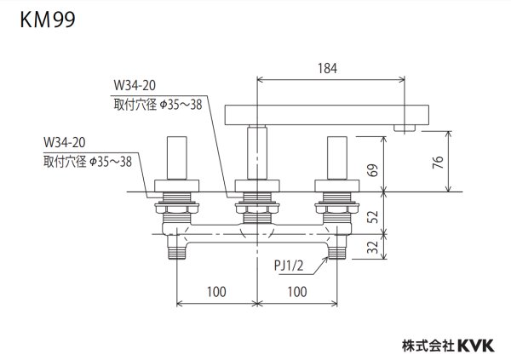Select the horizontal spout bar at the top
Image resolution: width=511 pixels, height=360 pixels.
(324, 113)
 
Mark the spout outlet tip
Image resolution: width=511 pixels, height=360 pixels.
(405, 128)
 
